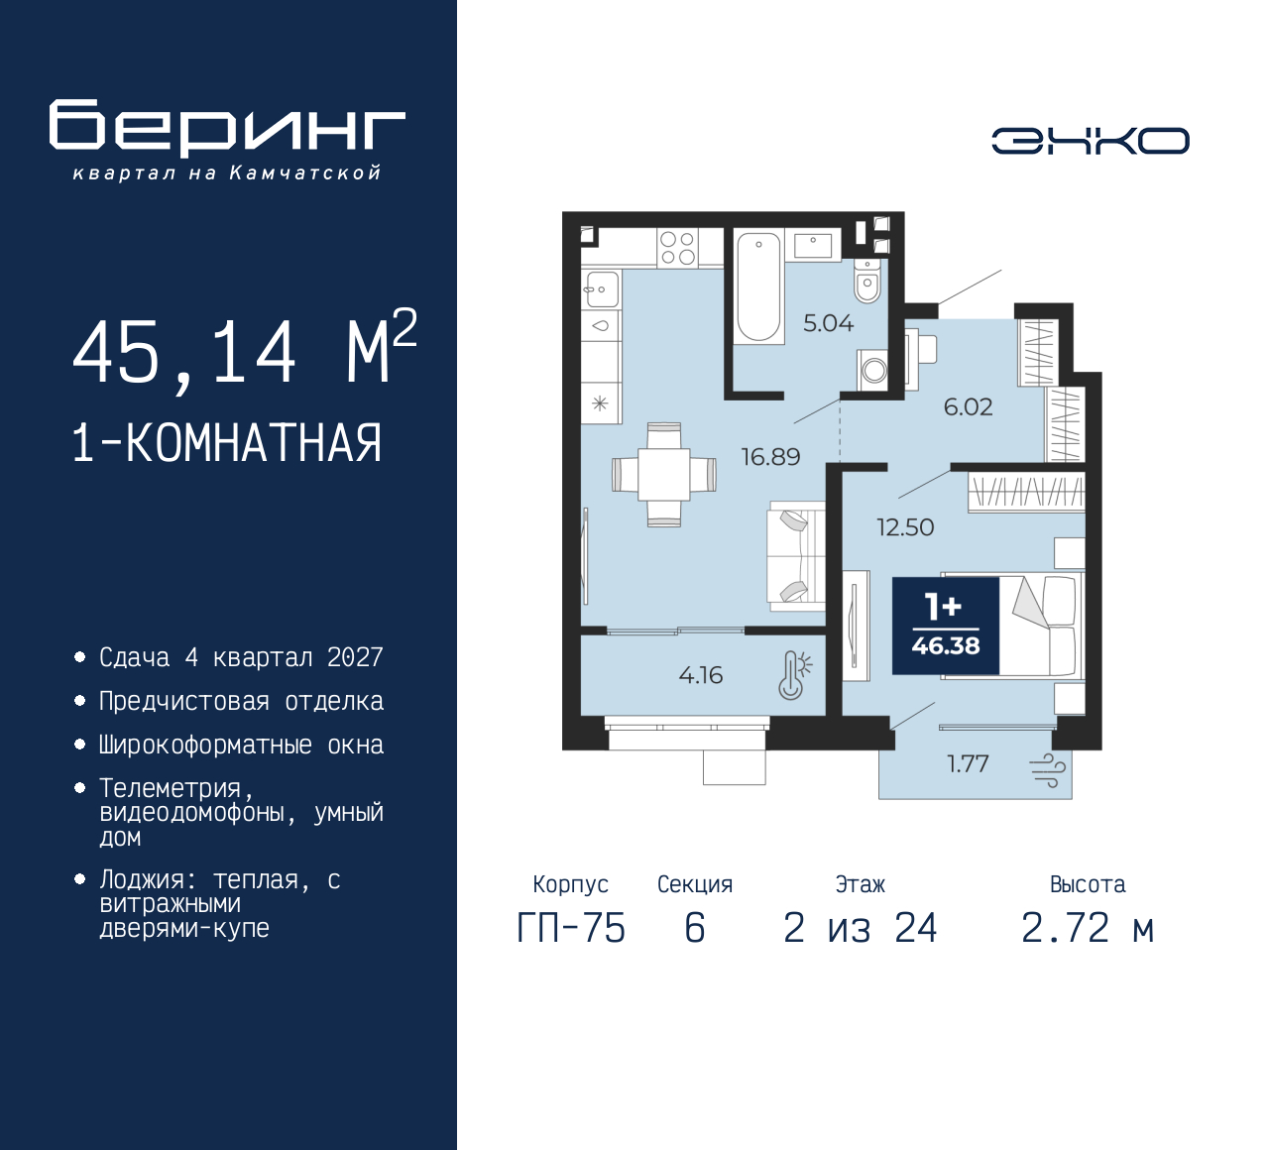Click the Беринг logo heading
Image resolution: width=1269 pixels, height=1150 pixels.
[x=227, y=127]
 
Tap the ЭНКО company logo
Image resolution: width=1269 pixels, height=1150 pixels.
[x=1090, y=141]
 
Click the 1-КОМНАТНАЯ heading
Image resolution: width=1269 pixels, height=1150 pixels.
[x=227, y=443]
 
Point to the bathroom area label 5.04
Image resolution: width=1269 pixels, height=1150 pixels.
[x=828, y=323]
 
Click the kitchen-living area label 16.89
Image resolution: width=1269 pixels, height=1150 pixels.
[x=770, y=457]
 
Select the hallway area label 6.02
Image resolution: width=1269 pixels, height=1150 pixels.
[x=968, y=407]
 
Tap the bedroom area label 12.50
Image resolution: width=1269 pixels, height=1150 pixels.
[x=905, y=527]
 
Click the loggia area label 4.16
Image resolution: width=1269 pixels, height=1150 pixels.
[x=701, y=676]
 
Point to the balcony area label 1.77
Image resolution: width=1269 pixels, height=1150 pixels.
[x=968, y=763]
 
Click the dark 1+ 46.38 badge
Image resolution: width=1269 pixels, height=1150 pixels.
[x=946, y=626]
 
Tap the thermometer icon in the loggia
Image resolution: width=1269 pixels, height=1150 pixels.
[x=794, y=675]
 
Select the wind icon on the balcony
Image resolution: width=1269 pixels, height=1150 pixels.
[x=1048, y=770]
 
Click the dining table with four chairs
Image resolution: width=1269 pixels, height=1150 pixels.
[x=663, y=474]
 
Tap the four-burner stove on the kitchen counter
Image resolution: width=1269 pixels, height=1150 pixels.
[x=677, y=248]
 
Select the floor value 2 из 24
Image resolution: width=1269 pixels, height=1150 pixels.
[x=860, y=929]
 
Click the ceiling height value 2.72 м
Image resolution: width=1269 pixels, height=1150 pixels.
[x=1088, y=929]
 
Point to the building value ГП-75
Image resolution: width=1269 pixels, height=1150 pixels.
[x=571, y=929]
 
